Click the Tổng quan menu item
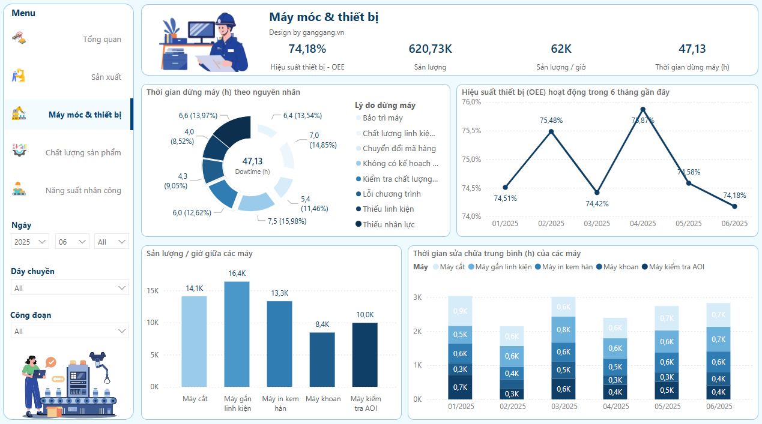tap(101, 40)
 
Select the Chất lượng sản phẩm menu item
tap(83, 153)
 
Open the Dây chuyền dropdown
tap(70, 288)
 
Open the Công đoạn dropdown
tap(70, 331)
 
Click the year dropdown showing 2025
tap(31, 242)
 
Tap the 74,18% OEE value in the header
tap(307, 49)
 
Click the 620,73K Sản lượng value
tap(430, 49)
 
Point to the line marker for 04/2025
tap(643, 109)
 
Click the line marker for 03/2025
tap(597, 193)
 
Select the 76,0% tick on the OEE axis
tap(471, 102)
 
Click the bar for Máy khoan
tap(322, 359)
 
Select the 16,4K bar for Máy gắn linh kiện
tap(237, 334)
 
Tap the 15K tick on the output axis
tap(152, 291)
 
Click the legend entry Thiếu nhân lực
tap(388, 224)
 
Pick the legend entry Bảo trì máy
tap(382, 118)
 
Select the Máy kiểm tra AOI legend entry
tap(676, 267)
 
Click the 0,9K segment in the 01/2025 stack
tap(461, 311)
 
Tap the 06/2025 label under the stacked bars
tap(719, 407)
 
